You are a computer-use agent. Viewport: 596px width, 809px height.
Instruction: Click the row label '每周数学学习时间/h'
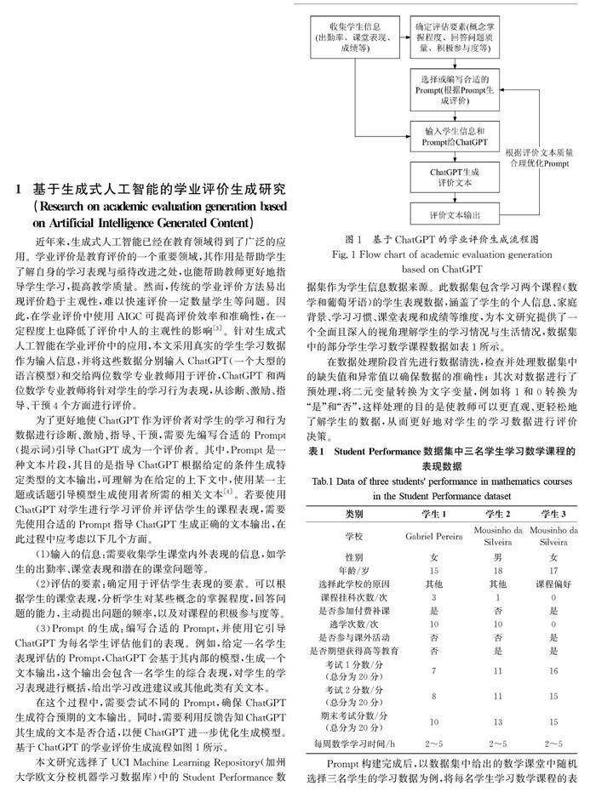(x=353, y=745)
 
